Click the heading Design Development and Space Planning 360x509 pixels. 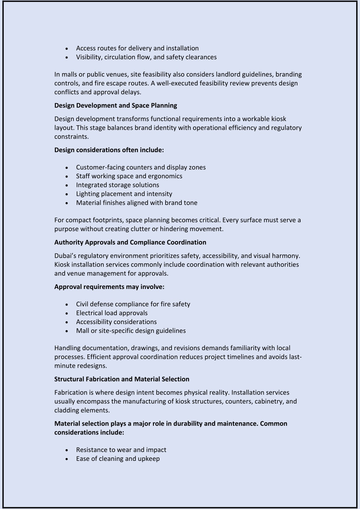[x=116, y=105]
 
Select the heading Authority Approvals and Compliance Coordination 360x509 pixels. [x=130, y=242]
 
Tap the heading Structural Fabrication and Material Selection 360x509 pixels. [x=122, y=379]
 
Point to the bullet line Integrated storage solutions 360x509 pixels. [x=117, y=185]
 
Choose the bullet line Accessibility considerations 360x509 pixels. [x=116, y=322]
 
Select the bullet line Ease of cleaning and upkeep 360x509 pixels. [x=118, y=458]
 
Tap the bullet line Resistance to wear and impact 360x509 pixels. [x=121, y=450]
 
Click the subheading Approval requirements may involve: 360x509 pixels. [x=109, y=286]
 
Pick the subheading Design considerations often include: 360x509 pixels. [x=109, y=150]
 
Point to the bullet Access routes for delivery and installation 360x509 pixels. [x=137, y=48]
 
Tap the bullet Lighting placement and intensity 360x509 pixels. [x=124, y=194]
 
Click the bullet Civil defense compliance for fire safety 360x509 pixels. [x=133, y=304]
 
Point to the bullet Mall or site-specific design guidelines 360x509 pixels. [x=131, y=330]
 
